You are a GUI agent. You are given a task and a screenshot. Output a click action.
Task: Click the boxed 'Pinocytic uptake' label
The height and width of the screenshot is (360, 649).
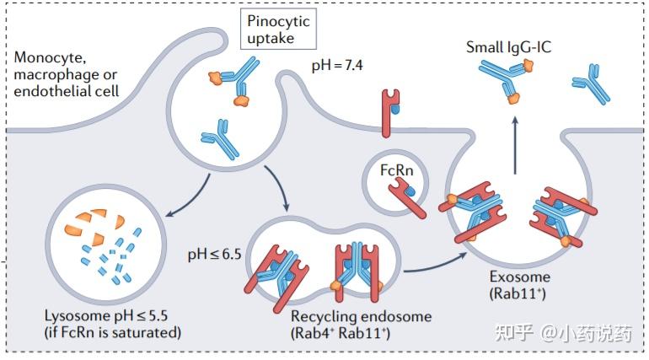click(278, 29)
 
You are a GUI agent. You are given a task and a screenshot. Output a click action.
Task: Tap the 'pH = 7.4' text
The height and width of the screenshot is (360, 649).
click(337, 66)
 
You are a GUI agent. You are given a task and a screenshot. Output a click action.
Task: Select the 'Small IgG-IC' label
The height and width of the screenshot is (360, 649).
click(509, 46)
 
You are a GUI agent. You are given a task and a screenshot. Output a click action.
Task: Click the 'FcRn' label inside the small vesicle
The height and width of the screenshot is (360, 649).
click(396, 170)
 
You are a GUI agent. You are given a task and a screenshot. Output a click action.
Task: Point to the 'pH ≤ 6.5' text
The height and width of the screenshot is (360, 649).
click(214, 254)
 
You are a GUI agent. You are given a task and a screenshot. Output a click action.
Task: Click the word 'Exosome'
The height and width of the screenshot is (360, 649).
click(519, 277)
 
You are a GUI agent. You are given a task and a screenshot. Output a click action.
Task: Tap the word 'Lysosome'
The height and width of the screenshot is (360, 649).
click(77, 315)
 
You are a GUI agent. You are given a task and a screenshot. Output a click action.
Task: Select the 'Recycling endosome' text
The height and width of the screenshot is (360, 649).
click(361, 316)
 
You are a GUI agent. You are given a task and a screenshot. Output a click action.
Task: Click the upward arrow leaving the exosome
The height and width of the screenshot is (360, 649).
click(515, 145)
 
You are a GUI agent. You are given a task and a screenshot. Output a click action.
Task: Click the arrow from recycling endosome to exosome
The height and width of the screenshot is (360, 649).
click(436, 264)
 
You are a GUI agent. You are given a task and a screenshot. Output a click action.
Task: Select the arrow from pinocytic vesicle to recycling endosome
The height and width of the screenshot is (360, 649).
click(278, 187)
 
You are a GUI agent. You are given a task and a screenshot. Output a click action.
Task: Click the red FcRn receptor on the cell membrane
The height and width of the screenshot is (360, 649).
click(390, 113)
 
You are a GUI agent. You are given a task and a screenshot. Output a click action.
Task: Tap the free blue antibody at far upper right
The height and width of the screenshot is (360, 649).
click(591, 83)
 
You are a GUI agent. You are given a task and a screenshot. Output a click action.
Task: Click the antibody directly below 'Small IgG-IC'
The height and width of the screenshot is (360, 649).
click(507, 80)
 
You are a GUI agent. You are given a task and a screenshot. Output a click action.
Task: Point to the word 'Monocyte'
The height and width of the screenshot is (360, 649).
click(50, 57)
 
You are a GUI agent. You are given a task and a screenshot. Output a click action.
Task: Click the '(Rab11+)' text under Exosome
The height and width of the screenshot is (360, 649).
click(518, 293)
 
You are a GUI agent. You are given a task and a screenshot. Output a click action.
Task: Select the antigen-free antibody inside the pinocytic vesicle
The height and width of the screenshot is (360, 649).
click(221, 139)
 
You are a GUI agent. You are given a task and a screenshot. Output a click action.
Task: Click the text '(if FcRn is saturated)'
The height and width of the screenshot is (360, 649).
click(113, 332)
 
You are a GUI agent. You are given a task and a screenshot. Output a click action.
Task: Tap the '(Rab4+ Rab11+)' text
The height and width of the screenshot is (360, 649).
click(341, 333)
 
